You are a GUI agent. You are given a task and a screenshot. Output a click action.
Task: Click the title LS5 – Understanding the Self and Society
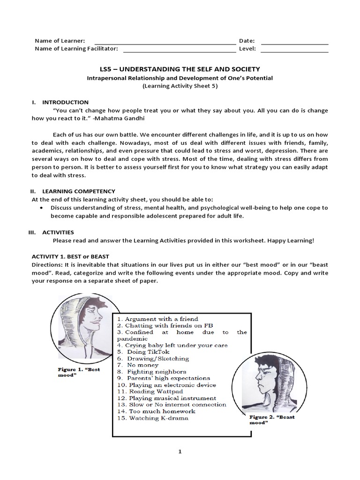(x=180, y=69)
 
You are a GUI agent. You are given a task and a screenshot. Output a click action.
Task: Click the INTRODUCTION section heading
(x=65, y=102)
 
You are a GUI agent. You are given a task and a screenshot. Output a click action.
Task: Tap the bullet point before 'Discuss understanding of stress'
(x=43, y=208)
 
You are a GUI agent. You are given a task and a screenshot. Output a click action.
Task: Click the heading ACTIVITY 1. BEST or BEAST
(x=70, y=256)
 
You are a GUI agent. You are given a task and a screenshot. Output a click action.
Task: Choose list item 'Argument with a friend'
(x=157, y=319)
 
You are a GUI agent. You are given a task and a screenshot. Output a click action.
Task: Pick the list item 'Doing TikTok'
(x=143, y=352)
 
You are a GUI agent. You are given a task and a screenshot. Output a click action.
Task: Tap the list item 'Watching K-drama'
(x=153, y=418)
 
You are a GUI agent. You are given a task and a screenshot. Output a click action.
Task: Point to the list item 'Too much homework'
(x=155, y=411)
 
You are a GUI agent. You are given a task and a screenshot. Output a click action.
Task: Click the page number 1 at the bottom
(x=180, y=451)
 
